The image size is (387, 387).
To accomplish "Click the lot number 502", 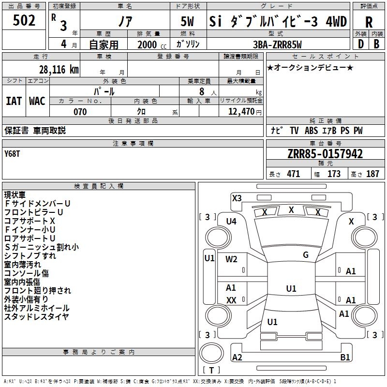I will point(24,21).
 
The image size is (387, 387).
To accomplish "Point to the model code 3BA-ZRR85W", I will point(277,45).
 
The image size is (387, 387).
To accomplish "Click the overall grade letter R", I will point(369,22).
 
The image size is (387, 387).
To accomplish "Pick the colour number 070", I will point(80,112).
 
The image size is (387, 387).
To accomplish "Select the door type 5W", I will point(188,22).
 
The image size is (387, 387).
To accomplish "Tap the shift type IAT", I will point(14,101).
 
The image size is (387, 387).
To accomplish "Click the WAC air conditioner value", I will point(37,101).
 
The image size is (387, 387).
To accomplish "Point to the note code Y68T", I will point(12,154).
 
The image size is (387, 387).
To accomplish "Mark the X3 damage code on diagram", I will point(237,198).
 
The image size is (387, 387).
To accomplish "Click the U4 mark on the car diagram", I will point(231,221).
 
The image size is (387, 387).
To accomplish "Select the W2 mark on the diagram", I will point(231,259).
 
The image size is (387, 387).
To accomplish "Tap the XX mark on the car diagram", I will point(231,300).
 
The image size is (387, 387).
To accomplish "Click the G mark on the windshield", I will point(306,255).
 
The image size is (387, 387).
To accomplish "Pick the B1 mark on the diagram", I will point(345,357).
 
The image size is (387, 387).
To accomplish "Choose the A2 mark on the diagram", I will point(237,357).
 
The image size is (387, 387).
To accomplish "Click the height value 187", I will point(372,174).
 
